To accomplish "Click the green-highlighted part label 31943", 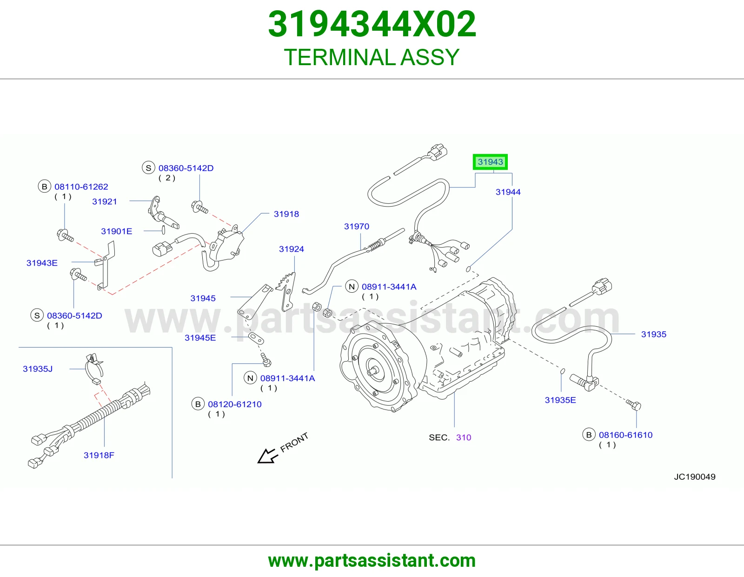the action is pos(490,162).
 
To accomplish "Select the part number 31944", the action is pos(508,192).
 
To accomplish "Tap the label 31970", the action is pos(356,226).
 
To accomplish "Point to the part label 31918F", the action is pos(99,455).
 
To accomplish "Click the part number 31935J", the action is pos(38,369).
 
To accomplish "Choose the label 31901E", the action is pos(116,231).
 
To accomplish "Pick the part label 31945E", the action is pos(200,338).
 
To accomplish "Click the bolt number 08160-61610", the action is pos(625,435).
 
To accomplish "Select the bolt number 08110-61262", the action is pos(81,187).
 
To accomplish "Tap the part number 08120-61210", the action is pos(234,404).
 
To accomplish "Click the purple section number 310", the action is pos(464,437).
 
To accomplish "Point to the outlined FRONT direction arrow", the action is pos(268,456).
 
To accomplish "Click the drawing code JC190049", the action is pos(695,476).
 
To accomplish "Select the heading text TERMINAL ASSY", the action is pos(372,57).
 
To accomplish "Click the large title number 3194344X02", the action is pos(372,24).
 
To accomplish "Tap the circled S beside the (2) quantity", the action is pos(148,168).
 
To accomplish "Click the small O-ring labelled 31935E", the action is pos(562,371).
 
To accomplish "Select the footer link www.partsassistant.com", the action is pos(372,561).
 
